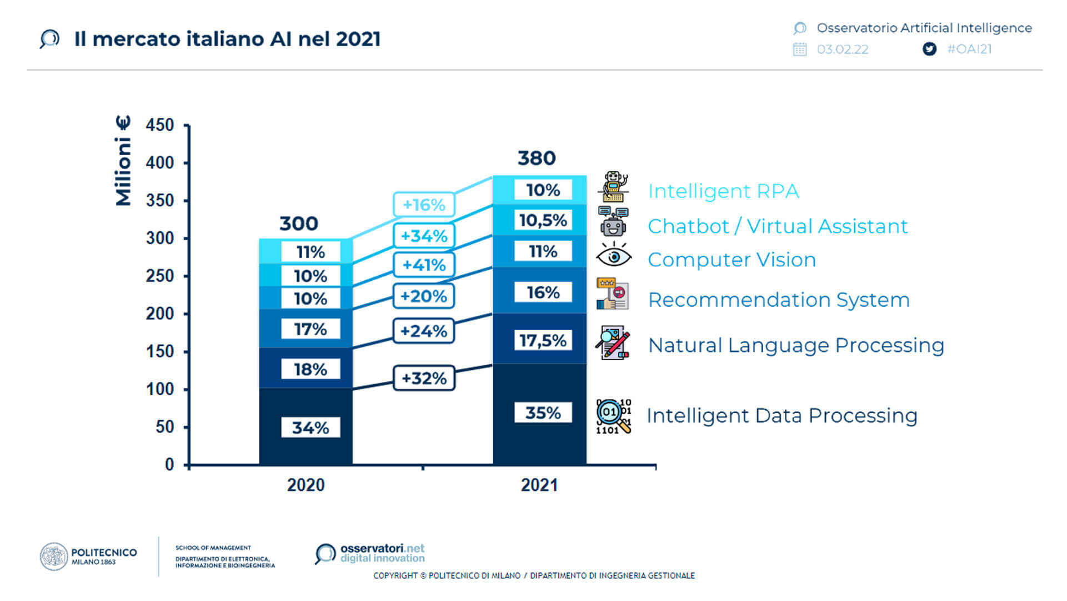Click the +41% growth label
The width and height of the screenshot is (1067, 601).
(424, 265)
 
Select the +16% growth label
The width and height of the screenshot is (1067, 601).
(424, 205)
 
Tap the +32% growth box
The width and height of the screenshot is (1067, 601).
(424, 379)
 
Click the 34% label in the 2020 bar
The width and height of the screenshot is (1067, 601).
(310, 428)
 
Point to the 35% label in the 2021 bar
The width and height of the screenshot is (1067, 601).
(543, 413)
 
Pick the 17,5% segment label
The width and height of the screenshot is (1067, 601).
(543, 340)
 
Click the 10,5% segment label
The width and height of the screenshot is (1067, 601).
(543, 220)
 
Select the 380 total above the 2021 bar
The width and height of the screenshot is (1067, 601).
(537, 158)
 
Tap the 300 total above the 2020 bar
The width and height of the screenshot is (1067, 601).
(299, 223)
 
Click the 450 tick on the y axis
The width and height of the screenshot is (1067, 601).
(160, 125)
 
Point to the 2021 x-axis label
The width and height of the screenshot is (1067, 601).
(539, 485)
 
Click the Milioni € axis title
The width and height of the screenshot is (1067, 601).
(123, 161)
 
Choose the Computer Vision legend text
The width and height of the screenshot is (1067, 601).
(732, 260)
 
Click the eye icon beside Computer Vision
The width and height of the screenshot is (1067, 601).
(613, 256)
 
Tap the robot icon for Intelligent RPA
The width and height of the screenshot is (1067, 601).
(614, 187)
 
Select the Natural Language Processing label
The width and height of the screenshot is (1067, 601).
(796, 345)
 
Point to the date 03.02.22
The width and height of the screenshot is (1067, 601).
(842, 49)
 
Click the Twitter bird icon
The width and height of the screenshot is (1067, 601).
(929, 49)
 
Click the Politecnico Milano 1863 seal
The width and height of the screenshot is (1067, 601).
(54, 557)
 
